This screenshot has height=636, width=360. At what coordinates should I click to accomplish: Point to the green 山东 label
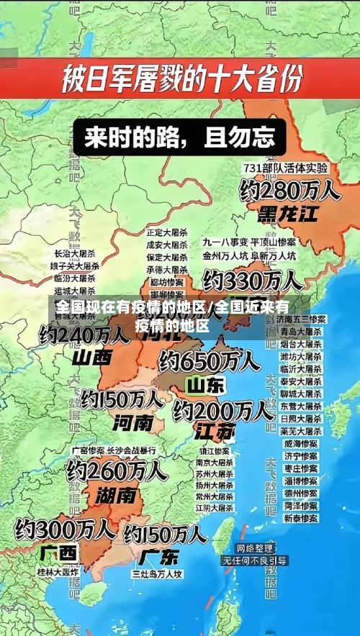pos(205,386)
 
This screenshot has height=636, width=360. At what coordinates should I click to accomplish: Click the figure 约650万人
pos(210,360)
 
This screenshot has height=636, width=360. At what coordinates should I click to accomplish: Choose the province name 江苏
pos(215,432)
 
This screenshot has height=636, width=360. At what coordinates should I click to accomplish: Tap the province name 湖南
pos(116,495)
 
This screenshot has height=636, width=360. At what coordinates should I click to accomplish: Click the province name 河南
pos(132,421)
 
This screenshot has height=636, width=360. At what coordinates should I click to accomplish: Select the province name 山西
pos(92,357)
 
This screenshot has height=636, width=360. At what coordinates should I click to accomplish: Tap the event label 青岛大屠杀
pos(300,332)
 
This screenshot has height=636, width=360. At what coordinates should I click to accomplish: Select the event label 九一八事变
pos(225,242)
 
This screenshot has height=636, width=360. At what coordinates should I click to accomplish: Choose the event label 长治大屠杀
pos(75,254)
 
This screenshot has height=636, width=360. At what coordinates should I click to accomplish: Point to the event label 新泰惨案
pos(300,518)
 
